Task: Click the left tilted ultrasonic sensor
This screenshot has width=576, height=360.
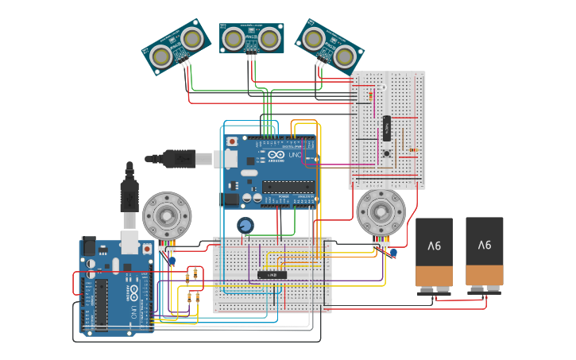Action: (x=176, y=47)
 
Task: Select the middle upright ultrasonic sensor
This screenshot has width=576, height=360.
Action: (x=252, y=38)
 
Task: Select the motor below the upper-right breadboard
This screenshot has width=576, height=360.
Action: (x=381, y=212)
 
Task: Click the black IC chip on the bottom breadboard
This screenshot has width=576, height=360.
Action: (x=273, y=275)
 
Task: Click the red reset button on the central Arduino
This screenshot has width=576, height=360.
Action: (x=232, y=141)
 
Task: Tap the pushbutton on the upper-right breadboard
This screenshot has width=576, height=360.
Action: (x=387, y=153)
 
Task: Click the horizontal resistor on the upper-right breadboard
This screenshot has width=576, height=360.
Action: (x=412, y=149)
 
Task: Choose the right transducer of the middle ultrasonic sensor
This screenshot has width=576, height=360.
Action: (x=270, y=37)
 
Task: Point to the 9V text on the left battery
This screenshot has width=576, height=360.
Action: (x=434, y=246)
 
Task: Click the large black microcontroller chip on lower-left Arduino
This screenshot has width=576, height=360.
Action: (x=101, y=303)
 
